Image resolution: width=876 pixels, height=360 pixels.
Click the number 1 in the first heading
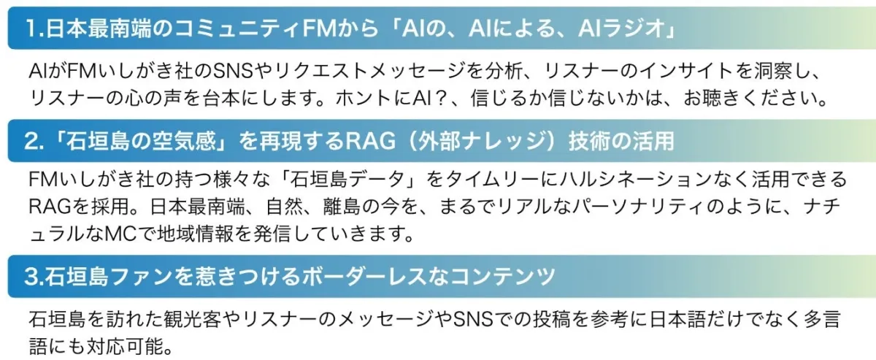31,28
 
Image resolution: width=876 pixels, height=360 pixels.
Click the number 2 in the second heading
31,141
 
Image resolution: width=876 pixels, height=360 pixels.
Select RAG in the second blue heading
370,141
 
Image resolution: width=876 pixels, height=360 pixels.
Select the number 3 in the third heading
31,277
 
